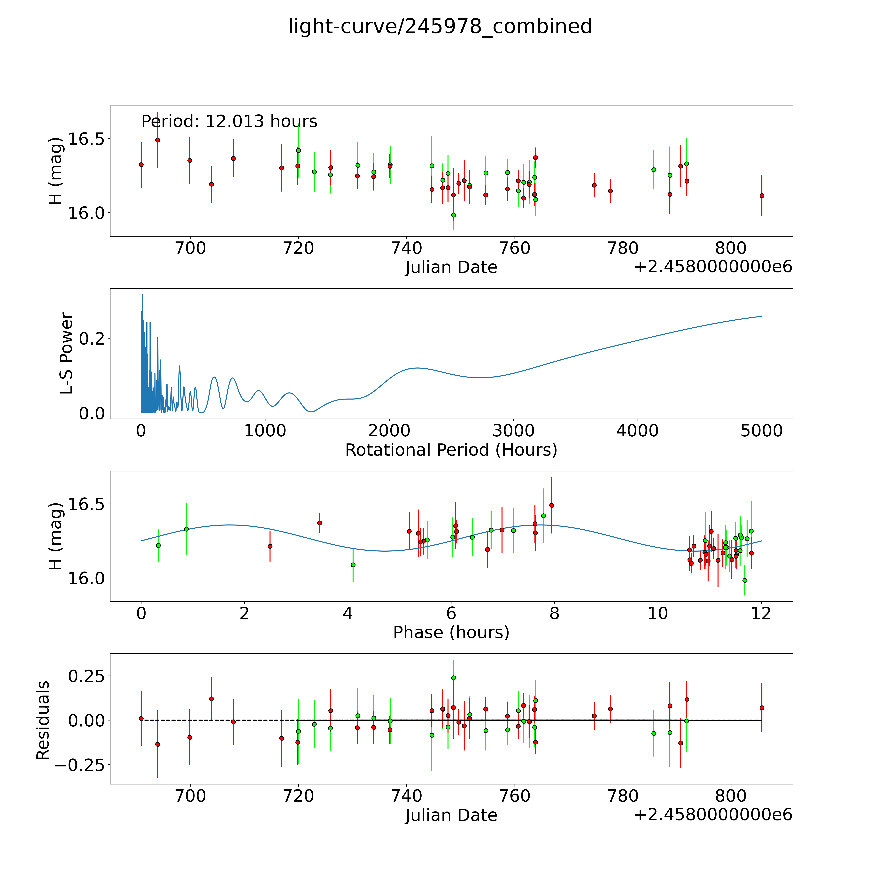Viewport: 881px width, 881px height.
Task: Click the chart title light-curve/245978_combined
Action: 440,26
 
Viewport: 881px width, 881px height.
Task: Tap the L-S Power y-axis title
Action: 67,353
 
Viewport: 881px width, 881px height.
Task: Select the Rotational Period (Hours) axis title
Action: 451,450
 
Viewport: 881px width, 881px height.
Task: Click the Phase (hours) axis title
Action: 451,633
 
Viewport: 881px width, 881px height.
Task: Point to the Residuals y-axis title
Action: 43,720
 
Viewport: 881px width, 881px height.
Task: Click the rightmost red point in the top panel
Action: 762,196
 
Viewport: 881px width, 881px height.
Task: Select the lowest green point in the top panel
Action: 453,215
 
